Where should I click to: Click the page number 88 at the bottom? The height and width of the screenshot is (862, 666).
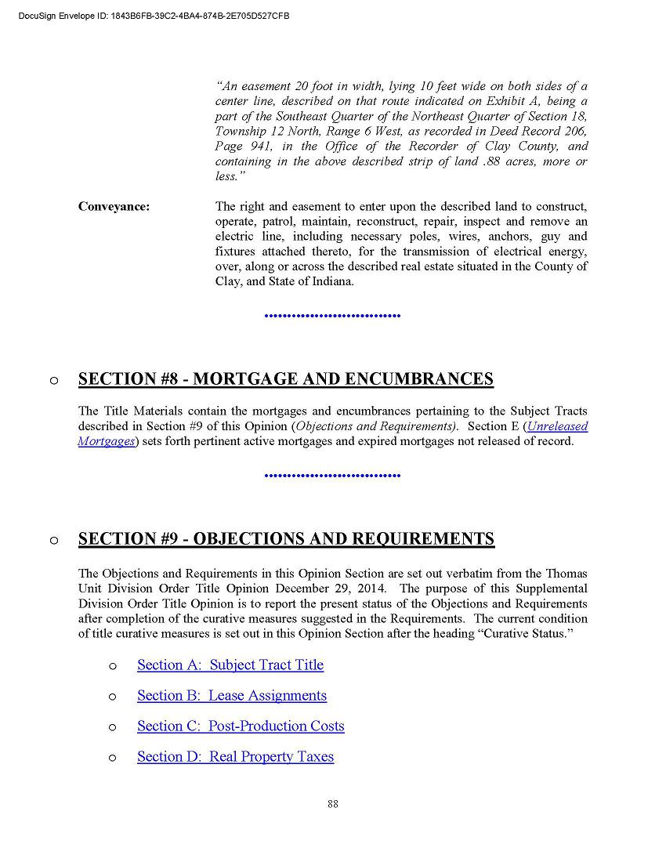click(x=333, y=803)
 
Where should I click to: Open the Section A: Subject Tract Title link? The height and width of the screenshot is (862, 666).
click(x=230, y=665)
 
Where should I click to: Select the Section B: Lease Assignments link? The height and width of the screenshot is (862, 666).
click(x=231, y=695)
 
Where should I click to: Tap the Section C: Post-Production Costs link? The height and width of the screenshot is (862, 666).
click(x=241, y=726)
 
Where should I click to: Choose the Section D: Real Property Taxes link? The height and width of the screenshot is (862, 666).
click(x=235, y=756)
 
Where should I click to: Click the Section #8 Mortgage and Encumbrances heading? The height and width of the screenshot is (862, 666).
click(x=286, y=379)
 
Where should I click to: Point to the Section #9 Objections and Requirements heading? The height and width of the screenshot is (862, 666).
click(x=286, y=539)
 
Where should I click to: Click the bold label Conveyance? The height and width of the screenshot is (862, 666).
click(x=114, y=207)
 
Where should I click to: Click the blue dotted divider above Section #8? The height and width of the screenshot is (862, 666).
click(x=333, y=316)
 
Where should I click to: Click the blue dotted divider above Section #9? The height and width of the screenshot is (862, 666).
click(x=333, y=476)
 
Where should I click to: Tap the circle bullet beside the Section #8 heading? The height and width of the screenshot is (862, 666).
click(x=53, y=381)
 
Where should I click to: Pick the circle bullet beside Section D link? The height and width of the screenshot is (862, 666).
click(x=113, y=758)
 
